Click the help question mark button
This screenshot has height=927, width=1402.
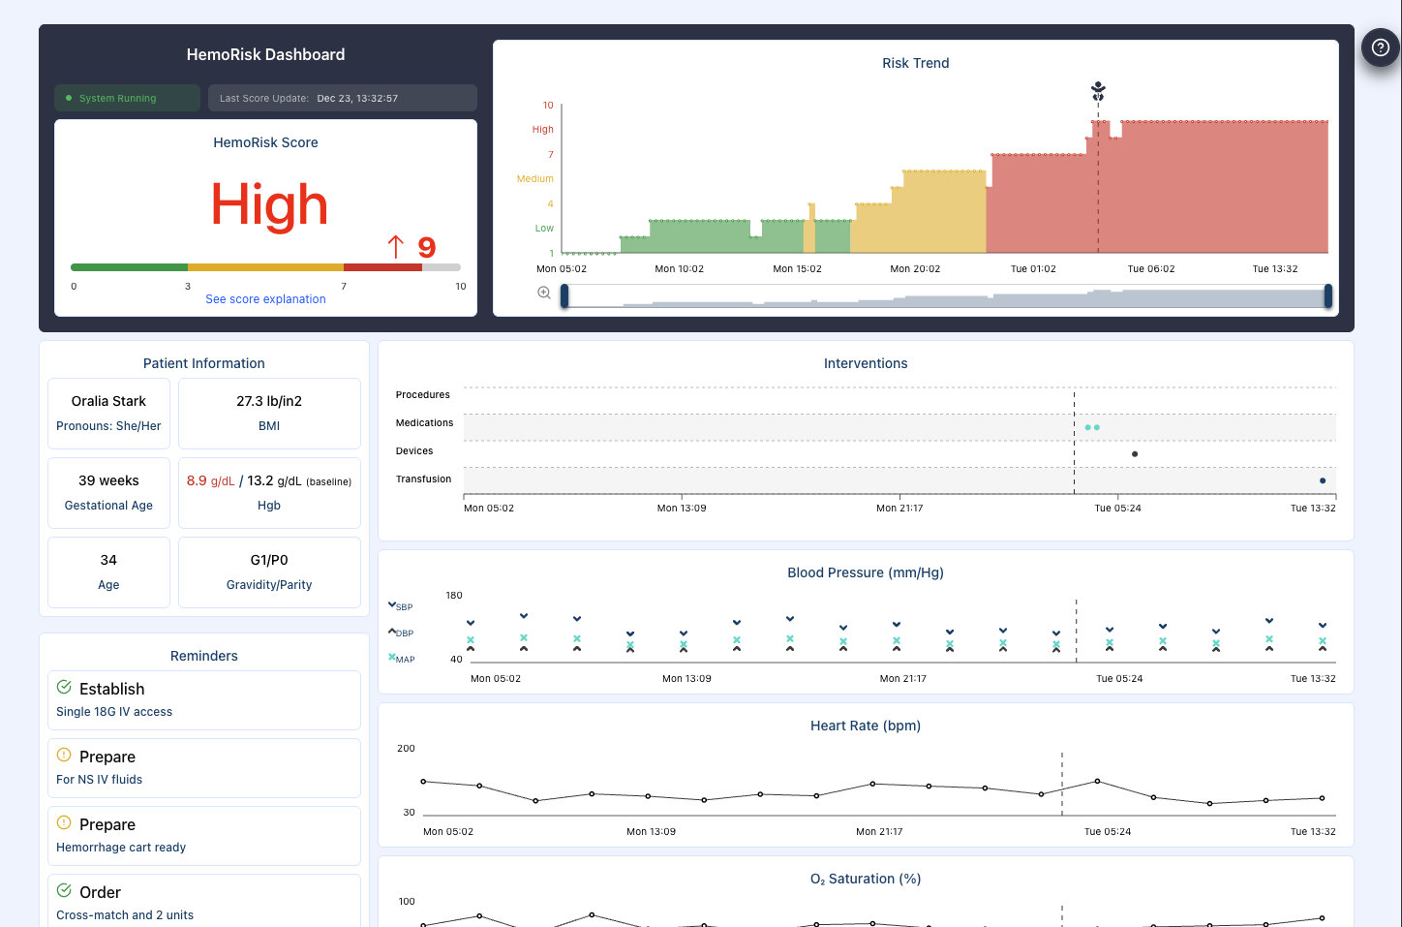pos(1381,47)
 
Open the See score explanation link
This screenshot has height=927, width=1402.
pos(265,299)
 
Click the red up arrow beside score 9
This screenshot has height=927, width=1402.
pos(395,247)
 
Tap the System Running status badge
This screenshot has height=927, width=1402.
pos(117,98)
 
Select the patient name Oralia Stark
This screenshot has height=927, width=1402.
pos(108,401)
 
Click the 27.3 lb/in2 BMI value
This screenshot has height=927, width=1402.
pos(269,401)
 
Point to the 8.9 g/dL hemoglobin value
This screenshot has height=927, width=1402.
pos(210,481)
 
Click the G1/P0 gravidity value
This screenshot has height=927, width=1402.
pos(269,560)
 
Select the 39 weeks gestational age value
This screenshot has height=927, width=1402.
pos(108,480)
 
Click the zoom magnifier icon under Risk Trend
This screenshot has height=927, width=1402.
pos(544,293)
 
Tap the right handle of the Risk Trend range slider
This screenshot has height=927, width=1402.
pos(1327,296)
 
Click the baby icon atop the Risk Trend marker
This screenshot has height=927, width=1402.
pos(1098,91)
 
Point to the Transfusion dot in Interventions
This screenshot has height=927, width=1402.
pos(1323,480)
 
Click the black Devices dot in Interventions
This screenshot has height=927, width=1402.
pos(1135,453)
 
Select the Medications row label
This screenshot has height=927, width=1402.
pos(424,423)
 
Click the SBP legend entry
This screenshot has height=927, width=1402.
pos(401,606)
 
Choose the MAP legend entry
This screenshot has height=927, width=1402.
pos(402,659)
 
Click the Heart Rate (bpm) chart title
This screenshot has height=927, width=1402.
pos(865,726)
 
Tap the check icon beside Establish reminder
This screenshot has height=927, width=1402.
pos(64,688)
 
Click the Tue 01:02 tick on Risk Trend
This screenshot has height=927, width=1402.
pos(1033,269)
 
